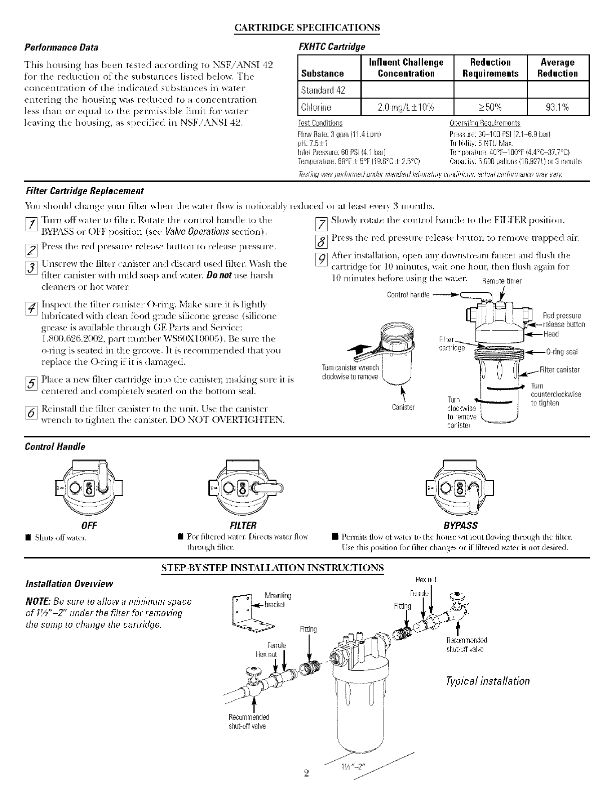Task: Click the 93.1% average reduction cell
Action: tap(557, 107)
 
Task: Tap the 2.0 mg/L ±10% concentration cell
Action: tap(406, 107)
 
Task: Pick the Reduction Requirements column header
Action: tap(490, 68)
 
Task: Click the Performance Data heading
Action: tap(62, 48)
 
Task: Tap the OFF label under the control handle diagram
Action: tap(89, 525)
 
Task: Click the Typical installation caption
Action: tap(487, 681)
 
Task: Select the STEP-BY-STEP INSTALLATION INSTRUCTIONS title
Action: tap(272, 567)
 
